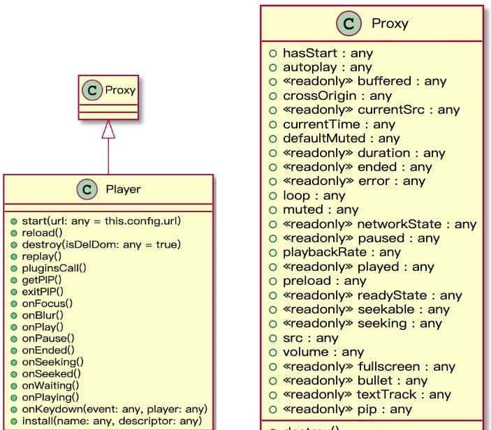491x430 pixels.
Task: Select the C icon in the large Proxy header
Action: (x=349, y=23)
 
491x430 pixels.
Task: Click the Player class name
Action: (x=123, y=188)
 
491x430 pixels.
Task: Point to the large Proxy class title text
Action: (x=390, y=23)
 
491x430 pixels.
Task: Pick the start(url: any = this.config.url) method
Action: (x=101, y=221)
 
